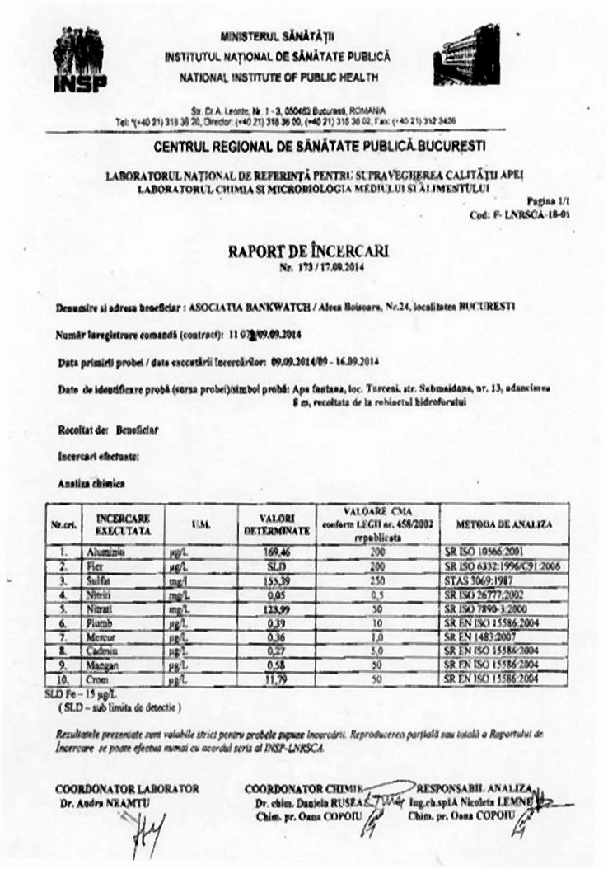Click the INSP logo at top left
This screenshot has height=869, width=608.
79,59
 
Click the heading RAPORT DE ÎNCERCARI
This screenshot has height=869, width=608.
309,250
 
